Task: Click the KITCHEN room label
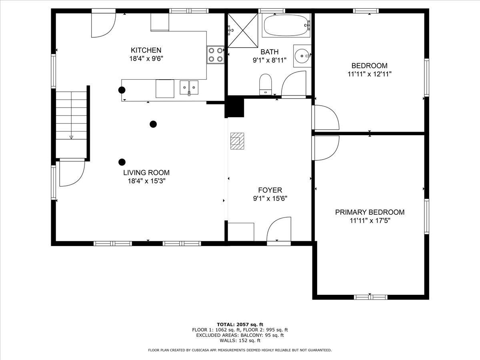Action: point(146,50)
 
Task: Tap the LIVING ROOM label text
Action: point(146,173)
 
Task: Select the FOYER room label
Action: point(270,190)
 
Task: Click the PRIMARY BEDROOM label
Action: point(370,212)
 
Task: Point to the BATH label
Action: point(269,52)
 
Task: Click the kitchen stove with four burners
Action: point(215,55)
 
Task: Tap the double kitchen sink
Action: point(189,87)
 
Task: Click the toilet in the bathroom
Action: point(266,84)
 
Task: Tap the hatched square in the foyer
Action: point(236,141)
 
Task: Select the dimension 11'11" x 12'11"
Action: point(370,74)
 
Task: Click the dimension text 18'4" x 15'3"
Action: point(146,181)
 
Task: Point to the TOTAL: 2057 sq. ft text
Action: point(240,324)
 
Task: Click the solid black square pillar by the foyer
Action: point(236,107)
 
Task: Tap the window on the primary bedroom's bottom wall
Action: point(371,297)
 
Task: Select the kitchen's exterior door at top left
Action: point(103,25)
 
